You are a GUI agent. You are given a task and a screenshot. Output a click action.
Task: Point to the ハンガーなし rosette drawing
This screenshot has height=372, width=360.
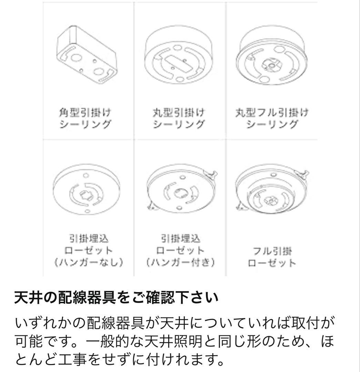(88, 191)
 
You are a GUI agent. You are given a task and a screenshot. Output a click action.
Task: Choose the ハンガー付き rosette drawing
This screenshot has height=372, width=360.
(180, 191)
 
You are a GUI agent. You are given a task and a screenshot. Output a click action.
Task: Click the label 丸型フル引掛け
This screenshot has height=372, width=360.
(271, 113)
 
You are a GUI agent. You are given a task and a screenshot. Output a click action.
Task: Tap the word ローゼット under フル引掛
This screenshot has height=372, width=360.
(271, 263)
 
